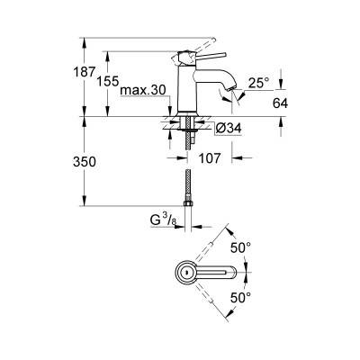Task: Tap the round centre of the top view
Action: coord(184,272)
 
